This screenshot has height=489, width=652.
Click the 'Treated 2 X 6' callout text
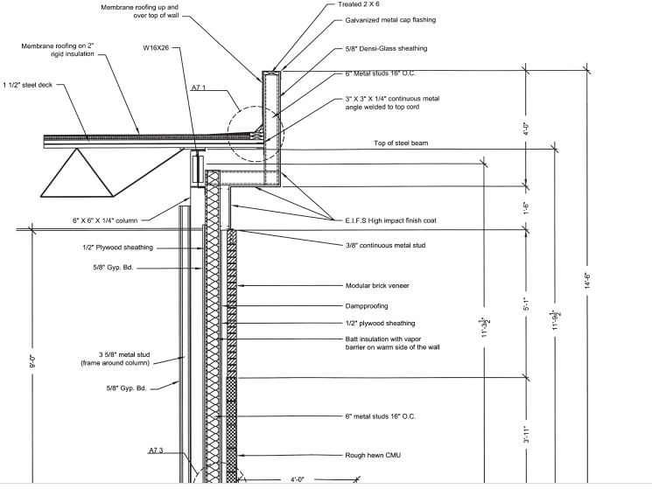click(365, 4)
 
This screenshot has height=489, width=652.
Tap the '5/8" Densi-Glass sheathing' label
click(391, 48)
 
